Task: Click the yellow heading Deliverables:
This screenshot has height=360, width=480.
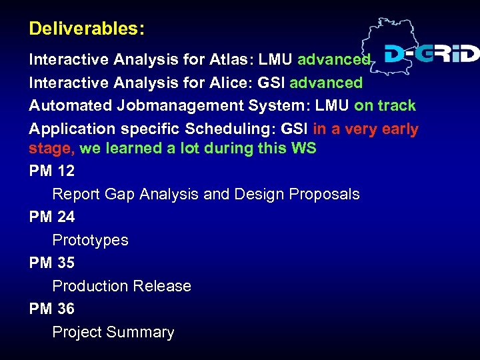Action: (x=87, y=29)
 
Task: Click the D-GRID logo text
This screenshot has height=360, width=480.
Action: (x=431, y=53)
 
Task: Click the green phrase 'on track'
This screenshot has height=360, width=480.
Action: (x=385, y=105)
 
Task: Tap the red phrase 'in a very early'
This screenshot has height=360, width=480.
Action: (x=365, y=129)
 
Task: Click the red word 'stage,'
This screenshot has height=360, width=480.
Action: (x=51, y=149)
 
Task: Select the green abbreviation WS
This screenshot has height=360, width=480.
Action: (x=303, y=148)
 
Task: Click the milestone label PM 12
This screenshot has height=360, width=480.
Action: (x=52, y=171)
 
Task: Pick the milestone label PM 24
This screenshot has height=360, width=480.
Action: (x=52, y=217)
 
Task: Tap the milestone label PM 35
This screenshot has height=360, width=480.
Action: (x=52, y=263)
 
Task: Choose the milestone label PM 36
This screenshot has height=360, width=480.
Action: (x=52, y=309)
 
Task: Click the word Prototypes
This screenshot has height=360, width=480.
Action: (x=90, y=240)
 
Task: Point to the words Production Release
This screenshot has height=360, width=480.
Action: (x=121, y=286)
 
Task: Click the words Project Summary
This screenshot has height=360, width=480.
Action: (x=113, y=332)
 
